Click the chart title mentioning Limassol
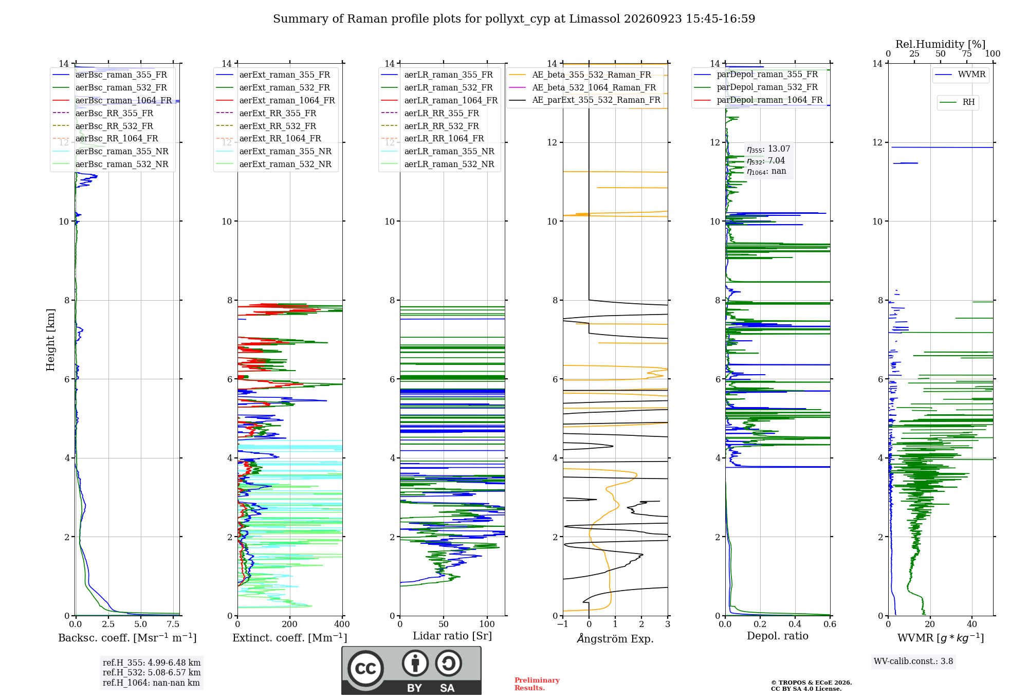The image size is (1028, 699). pyautogui.click(x=514, y=19)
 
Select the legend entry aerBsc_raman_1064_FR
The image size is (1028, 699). pyautogui.click(x=112, y=100)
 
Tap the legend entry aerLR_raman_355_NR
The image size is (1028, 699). pyautogui.click(x=437, y=151)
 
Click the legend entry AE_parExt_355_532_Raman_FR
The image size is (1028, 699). pyautogui.click(x=584, y=100)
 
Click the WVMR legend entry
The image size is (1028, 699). pyautogui.click(x=960, y=75)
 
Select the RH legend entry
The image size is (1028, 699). pyautogui.click(x=957, y=102)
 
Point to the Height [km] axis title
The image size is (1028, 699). pyautogui.click(x=50, y=340)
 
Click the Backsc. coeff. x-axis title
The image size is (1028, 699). pyautogui.click(x=127, y=638)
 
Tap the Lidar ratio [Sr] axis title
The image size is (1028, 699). pyautogui.click(x=452, y=636)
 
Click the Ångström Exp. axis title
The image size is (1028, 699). pyautogui.click(x=615, y=638)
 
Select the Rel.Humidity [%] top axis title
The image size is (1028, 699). pyautogui.click(x=941, y=44)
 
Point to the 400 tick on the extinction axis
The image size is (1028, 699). pyautogui.click(x=342, y=624)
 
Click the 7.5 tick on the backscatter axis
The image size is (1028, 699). pyautogui.click(x=173, y=624)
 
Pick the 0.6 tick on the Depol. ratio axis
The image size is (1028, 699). pyautogui.click(x=830, y=624)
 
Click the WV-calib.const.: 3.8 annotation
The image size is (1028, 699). pyautogui.click(x=913, y=661)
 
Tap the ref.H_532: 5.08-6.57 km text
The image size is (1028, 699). pyautogui.click(x=152, y=672)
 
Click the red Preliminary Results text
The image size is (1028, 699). pyautogui.click(x=537, y=684)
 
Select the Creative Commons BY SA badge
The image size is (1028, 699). pyautogui.click(x=411, y=671)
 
